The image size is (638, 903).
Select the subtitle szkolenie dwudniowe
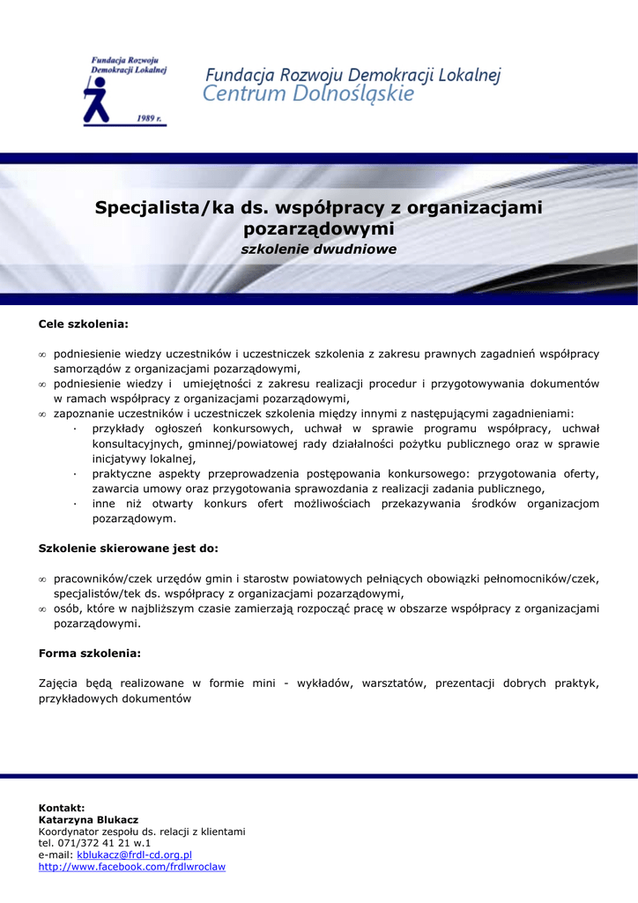(319, 250)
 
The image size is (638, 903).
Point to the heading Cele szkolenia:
(84, 325)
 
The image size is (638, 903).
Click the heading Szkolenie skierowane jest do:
(129, 549)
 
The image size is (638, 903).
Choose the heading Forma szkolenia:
(90, 653)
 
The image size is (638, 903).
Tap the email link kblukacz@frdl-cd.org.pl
(134, 855)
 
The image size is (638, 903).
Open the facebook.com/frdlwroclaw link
(132, 867)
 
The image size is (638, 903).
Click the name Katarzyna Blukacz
(88, 820)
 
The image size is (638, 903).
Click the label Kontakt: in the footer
(62, 808)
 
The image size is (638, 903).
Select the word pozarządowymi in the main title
(318, 229)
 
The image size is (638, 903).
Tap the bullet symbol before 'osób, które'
(42, 609)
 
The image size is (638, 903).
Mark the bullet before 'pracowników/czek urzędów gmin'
(42, 579)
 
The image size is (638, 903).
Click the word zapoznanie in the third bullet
(83, 414)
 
